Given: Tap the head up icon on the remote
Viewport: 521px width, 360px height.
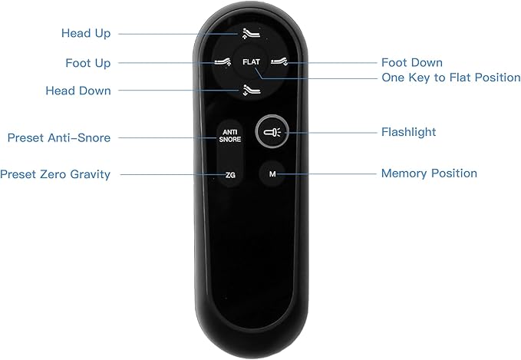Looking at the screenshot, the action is [251, 34].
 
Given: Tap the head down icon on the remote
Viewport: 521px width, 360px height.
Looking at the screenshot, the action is [251, 90].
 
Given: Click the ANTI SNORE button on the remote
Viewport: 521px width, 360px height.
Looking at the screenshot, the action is [230, 136].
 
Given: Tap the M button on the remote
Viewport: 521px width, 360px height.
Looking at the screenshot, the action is [272, 173].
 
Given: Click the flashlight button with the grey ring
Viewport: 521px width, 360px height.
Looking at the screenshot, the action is [272, 131].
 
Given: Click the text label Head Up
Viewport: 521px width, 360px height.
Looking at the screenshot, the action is [86, 33].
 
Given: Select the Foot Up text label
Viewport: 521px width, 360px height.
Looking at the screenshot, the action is [87, 63].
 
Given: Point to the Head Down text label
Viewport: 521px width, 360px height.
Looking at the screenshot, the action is [78, 91].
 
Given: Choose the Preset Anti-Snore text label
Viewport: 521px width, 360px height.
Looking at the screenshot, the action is [59, 137].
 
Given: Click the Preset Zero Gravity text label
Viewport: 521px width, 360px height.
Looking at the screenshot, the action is [55, 174].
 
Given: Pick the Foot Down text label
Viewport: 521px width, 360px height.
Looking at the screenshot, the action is [412, 62].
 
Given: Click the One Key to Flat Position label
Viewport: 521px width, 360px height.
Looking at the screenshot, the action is [451, 78].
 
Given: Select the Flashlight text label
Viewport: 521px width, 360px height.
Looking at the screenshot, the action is [408, 132].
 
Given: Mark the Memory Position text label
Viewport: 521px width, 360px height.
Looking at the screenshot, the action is [429, 173].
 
